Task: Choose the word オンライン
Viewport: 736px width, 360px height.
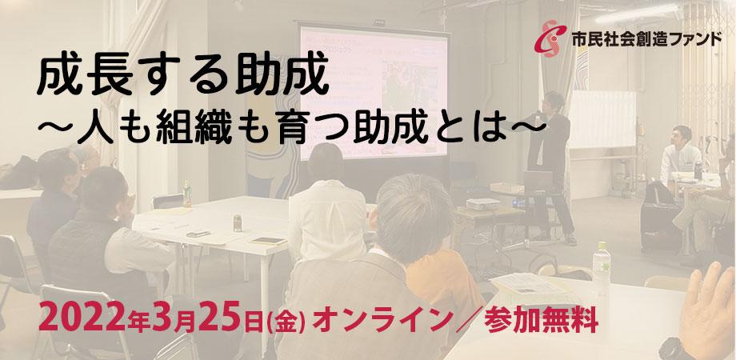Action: (x=381, y=321)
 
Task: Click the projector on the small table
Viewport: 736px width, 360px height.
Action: (x=483, y=204)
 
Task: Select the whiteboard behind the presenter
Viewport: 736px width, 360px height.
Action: (x=602, y=119)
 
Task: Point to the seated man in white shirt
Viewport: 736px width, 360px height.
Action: (x=678, y=155)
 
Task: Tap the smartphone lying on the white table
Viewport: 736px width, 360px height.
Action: (x=198, y=234)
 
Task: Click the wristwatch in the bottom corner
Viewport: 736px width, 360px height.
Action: (x=677, y=350)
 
